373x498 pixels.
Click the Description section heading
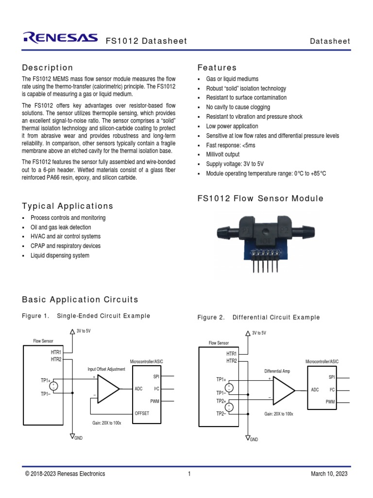pyautogui.click(x=48, y=68)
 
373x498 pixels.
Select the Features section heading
pyautogui.click(x=217, y=68)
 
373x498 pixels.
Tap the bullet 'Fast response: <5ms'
pyautogui.click(x=231, y=145)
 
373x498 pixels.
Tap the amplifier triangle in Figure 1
pyautogui.click(x=108, y=389)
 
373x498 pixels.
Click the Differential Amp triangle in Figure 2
pyautogui.click(x=283, y=391)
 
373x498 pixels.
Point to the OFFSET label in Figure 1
pyautogui.click(x=142, y=413)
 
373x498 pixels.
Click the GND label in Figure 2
pyautogui.click(x=254, y=439)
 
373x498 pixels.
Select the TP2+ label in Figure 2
pyautogui.click(x=221, y=401)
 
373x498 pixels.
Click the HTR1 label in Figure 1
pyautogui.click(x=56, y=352)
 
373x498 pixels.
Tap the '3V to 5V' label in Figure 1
pyautogui.click(x=84, y=331)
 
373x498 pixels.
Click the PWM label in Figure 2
pyautogui.click(x=330, y=402)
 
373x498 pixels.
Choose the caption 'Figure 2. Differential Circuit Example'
pyautogui.click(x=258, y=318)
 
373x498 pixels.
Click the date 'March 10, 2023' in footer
pyautogui.click(x=329, y=474)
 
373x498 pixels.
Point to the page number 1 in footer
pyautogui.click(x=189, y=474)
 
